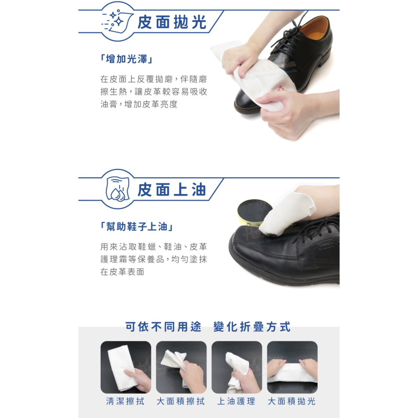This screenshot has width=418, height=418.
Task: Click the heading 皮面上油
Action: [172, 190]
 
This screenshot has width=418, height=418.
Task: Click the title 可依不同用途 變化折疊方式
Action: [208, 326]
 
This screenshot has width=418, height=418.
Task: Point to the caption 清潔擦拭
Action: [125, 401]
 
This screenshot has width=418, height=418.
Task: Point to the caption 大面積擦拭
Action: [181, 401]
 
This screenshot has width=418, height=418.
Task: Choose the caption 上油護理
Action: [237, 401]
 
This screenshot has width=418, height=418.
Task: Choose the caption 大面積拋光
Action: [292, 401]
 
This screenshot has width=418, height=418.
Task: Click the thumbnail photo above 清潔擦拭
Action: [126, 367]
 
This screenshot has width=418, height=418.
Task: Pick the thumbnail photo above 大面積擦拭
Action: [181, 367]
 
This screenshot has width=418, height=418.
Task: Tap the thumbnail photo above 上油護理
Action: [237, 367]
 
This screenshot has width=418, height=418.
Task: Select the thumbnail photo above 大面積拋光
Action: [292, 367]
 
